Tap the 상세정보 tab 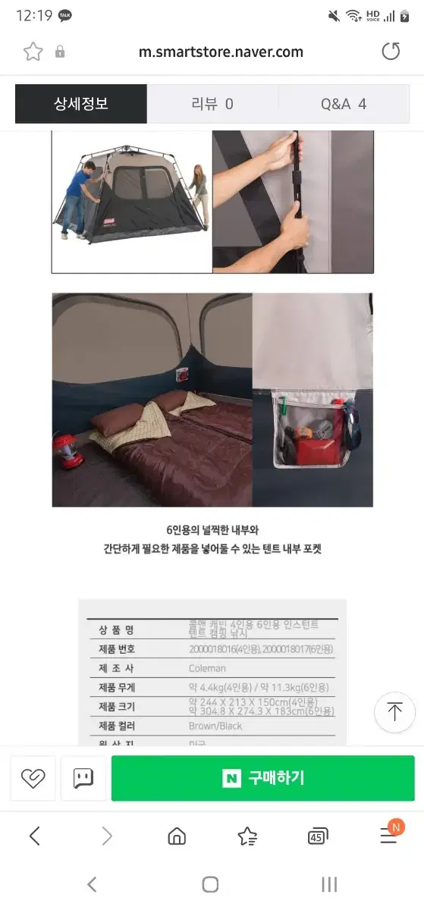[x=81, y=104]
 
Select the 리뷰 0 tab [x=212, y=104]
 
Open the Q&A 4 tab [x=344, y=104]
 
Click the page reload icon [x=391, y=52]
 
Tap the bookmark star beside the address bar [x=33, y=52]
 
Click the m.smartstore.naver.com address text [x=221, y=52]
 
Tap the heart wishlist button [x=33, y=778]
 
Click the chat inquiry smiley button [x=83, y=778]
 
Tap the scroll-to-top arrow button [x=394, y=712]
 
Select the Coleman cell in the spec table [x=207, y=669]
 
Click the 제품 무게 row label [x=116, y=688]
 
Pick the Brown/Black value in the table [x=215, y=726]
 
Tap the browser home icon [x=177, y=836]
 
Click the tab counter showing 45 [x=318, y=836]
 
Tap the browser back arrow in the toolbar [x=35, y=836]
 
